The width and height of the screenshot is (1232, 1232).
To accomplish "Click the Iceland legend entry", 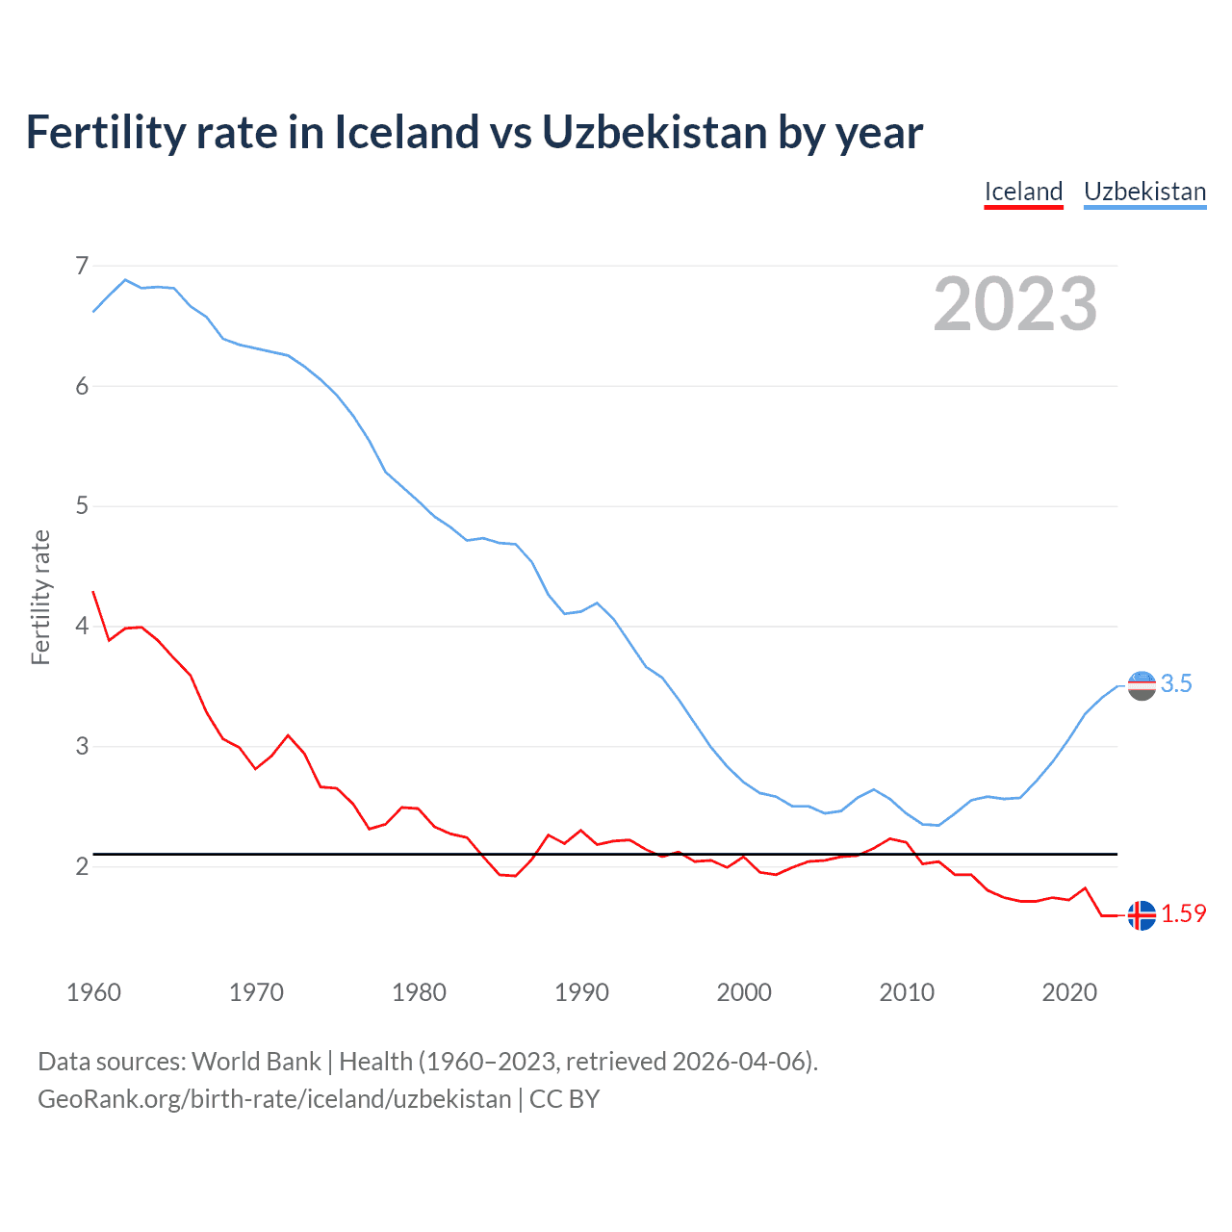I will click(1023, 192).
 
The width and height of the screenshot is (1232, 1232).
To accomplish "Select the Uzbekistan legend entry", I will click(1144, 192).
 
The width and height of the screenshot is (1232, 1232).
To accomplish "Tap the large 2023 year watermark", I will click(1014, 304).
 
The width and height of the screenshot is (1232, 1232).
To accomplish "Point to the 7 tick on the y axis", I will click(82, 265).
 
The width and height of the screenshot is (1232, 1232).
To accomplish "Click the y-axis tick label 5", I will click(82, 505).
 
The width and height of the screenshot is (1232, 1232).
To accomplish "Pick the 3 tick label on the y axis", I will click(82, 746).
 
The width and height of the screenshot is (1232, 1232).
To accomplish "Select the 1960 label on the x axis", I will click(93, 992).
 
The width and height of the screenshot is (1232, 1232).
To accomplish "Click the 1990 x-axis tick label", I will click(581, 992).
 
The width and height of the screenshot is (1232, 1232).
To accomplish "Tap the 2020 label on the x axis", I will click(1069, 992).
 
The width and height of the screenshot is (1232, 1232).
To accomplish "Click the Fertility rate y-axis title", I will click(40, 597).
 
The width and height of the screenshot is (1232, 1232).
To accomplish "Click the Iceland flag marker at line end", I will click(1142, 915).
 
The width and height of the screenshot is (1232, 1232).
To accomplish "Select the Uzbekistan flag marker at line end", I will click(1142, 686).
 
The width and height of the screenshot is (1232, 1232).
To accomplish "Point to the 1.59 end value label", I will click(1183, 914).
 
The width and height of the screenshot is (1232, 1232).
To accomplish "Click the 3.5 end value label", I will click(1176, 684).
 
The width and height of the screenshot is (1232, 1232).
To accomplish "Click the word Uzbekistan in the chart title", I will click(654, 132).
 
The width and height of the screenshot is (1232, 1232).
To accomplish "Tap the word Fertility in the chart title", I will click(104, 132).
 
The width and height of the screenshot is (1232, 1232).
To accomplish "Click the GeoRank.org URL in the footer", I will click(274, 1099).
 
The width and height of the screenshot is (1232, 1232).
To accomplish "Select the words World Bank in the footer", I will click(256, 1062).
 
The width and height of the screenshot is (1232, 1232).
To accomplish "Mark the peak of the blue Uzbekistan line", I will click(125, 280).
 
